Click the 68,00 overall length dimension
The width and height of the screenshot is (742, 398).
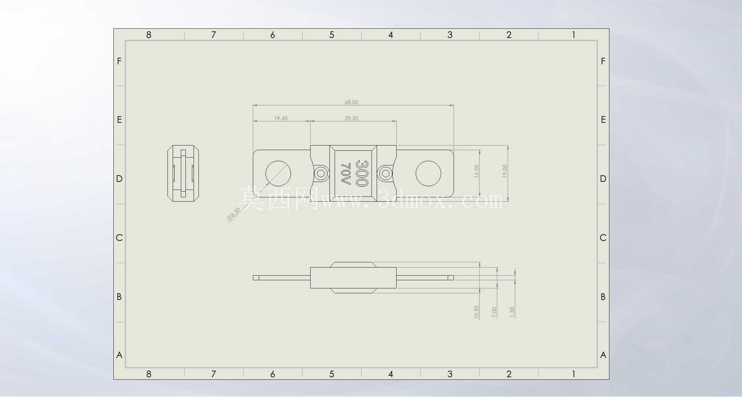351,102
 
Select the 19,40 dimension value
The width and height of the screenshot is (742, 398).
281,118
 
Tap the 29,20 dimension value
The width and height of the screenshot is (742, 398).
351,118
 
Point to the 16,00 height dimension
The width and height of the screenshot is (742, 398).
476,171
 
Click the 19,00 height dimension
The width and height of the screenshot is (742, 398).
505,171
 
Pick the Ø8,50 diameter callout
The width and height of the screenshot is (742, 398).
234,214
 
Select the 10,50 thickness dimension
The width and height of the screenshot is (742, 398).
476,312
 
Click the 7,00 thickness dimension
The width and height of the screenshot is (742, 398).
494,313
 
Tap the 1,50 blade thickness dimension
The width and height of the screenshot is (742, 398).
512,313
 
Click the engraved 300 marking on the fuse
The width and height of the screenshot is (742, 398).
362,173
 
